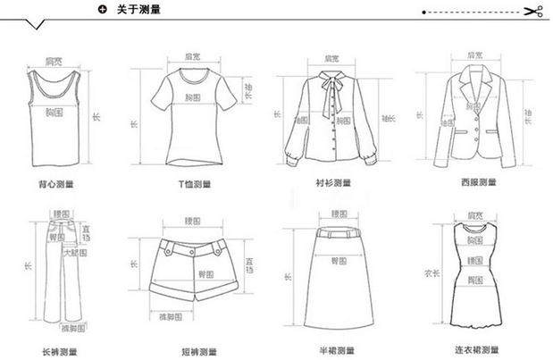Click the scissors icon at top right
(534, 12)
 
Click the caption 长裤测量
(59, 351)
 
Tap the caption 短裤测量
(193, 351)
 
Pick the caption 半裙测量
(335, 351)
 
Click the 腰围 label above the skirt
(338, 214)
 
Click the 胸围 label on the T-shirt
(194, 96)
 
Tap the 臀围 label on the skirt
(339, 261)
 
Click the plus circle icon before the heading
(103, 10)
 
